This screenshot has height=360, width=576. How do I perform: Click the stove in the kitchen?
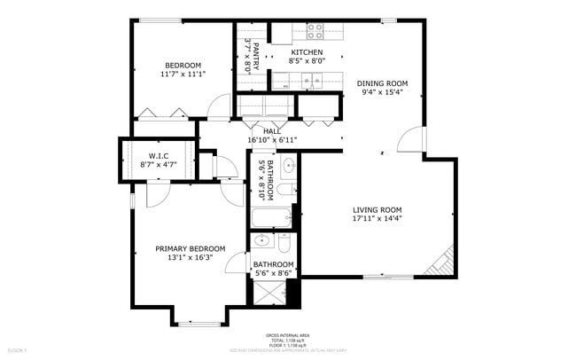click(x=314, y=32)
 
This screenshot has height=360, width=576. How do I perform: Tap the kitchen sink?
click(x=314, y=81)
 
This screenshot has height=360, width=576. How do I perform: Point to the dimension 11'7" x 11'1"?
click(x=183, y=74)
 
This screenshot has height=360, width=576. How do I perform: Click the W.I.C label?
click(x=159, y=156)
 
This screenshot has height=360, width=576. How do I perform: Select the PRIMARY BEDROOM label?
click(x=191, y=249)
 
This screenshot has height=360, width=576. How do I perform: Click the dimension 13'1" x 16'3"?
click(x=191, y=258)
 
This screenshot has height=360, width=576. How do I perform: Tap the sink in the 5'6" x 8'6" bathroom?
click(x=262, y=240)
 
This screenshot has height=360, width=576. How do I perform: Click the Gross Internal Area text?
click(x=288, y=335)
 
